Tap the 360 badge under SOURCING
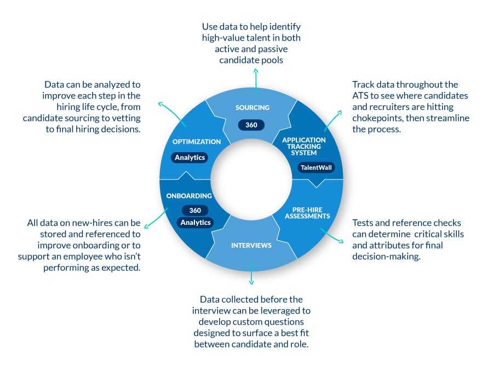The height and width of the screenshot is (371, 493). click(251, 125)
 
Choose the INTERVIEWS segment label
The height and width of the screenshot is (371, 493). click(251, 245)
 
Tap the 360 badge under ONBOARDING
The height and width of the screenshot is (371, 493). click(195, 210)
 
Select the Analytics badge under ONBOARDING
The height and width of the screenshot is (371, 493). click(195, 223)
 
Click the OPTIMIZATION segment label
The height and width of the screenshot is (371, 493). click(196, 142)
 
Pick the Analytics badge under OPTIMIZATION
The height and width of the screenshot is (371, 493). click(190, 158)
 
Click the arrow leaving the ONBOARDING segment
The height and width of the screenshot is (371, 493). click(159, 219)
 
